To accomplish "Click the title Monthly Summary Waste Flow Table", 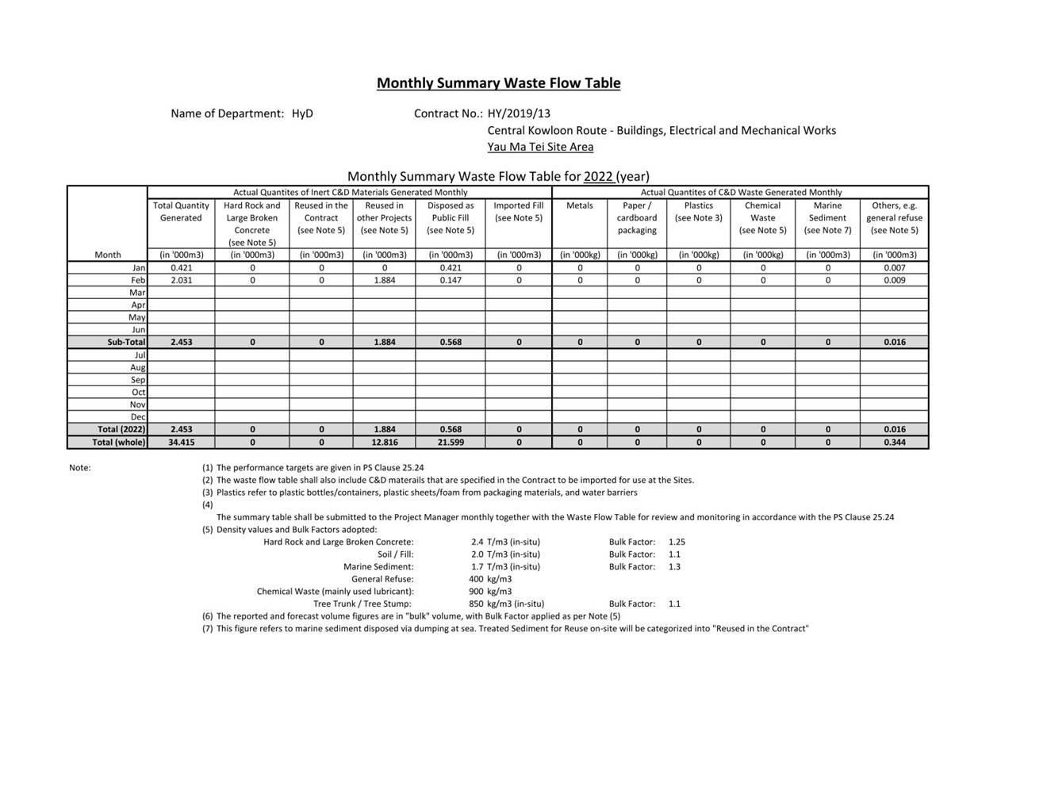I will click(498, 83).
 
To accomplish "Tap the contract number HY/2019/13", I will click(519, 113).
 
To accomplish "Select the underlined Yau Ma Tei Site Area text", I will click(540, 147).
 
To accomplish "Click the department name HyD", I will click(302, 113).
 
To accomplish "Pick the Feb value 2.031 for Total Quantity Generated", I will click(181, 280).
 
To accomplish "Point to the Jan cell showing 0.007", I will click(894, 268).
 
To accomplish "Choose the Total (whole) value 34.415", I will click(181, 443).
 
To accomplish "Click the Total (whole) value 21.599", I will click(451, 443).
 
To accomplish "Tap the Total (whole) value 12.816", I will click(384, 443).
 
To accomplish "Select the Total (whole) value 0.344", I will click(894, 443).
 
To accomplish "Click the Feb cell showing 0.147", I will click(451, 280).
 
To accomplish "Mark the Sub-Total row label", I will click(126, 343).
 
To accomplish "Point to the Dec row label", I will click(138, 417).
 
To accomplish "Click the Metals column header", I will click(579, 205).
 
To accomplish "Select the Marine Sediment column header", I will click(827, 212).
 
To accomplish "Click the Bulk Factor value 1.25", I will click(677, 543).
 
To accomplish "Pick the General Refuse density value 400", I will click(476, 579).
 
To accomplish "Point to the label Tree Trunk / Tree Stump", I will click(362, 604).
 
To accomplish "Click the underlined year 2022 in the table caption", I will click(598, 176).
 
